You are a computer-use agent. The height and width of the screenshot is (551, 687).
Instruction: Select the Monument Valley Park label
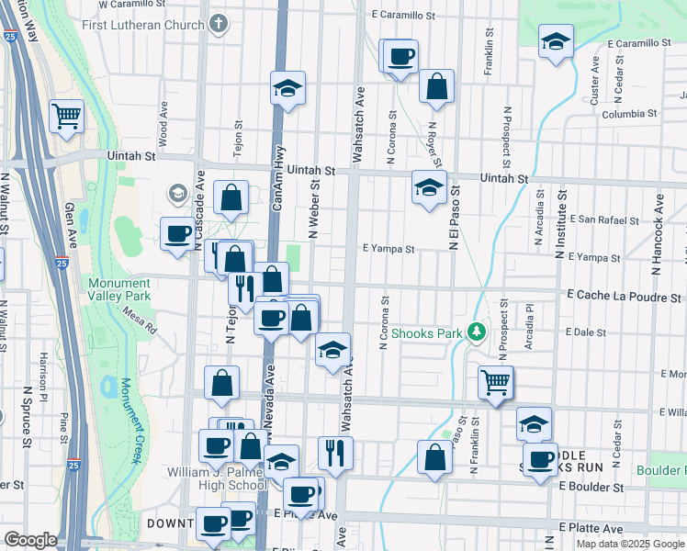point(119,289)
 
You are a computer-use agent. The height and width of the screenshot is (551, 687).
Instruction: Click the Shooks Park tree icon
point(475,331)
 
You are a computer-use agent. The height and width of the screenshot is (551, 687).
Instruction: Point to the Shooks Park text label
point(426,332)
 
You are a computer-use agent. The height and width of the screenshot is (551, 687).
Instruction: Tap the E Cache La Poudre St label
point(624,298)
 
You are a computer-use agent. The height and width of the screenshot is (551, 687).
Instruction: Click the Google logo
point(30,540)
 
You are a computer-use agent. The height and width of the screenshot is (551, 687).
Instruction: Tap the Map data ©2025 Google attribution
point(630,544)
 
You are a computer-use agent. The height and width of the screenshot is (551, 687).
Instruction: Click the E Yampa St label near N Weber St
point(389,248)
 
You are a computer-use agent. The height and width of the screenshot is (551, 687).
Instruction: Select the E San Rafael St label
point(603,220)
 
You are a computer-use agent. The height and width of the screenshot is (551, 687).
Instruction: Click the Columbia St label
point(629,114)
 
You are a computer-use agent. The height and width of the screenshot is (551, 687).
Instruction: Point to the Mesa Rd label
point(140,320)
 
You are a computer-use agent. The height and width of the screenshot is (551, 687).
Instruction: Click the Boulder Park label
point(663,471)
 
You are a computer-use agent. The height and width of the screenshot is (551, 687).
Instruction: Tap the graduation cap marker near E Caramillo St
point(555,41)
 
